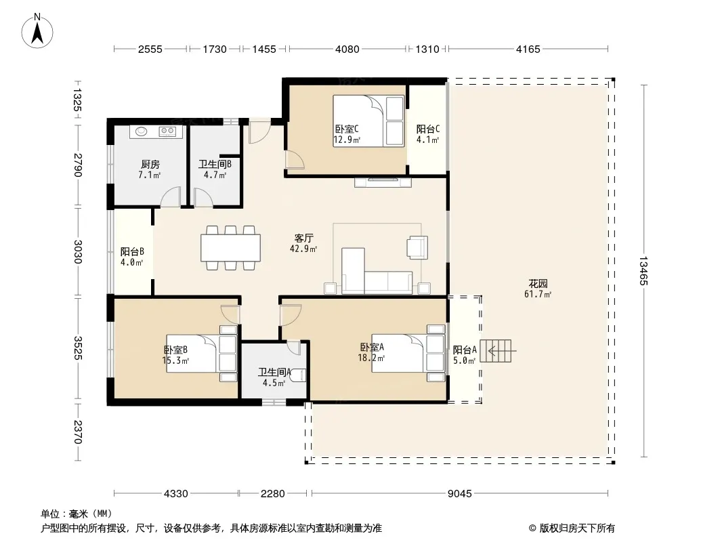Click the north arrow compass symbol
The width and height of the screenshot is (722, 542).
click(x=37, y=30)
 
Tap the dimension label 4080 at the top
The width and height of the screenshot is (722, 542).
click(x=347, y=49)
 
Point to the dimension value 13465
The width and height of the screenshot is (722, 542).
click(x=643, y=271)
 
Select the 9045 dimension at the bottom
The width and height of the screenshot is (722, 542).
click(x=459, y=494)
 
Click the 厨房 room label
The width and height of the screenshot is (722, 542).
click(x=150, y=165)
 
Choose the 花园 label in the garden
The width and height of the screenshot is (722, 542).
click(x=538, y=284)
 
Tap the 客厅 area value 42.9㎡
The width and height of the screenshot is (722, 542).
click(x=303, y=249)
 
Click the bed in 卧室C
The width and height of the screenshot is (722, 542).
click(x=368, y=121)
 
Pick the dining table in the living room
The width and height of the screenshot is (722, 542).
click(x=231, y=248)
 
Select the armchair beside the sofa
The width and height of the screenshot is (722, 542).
click(x=417, y=247)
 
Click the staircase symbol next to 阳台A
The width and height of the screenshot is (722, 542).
click(x=496, y=351)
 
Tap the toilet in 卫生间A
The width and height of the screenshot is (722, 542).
click(x=300, y=375)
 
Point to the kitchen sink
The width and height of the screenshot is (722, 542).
click(x=141, y=131)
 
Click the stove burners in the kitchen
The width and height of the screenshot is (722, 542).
click(x=167, y=131)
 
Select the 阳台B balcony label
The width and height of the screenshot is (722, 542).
click(x=132, y=252)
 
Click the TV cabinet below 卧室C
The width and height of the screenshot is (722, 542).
click(x=383, y=182)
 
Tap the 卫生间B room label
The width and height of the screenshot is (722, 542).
click(x=215, y=165)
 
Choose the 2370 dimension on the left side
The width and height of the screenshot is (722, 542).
click(x=77, y=432)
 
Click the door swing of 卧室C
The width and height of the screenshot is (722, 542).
click(x=294, y=159)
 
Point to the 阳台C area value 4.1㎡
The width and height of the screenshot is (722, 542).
click(x=428, y=140)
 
